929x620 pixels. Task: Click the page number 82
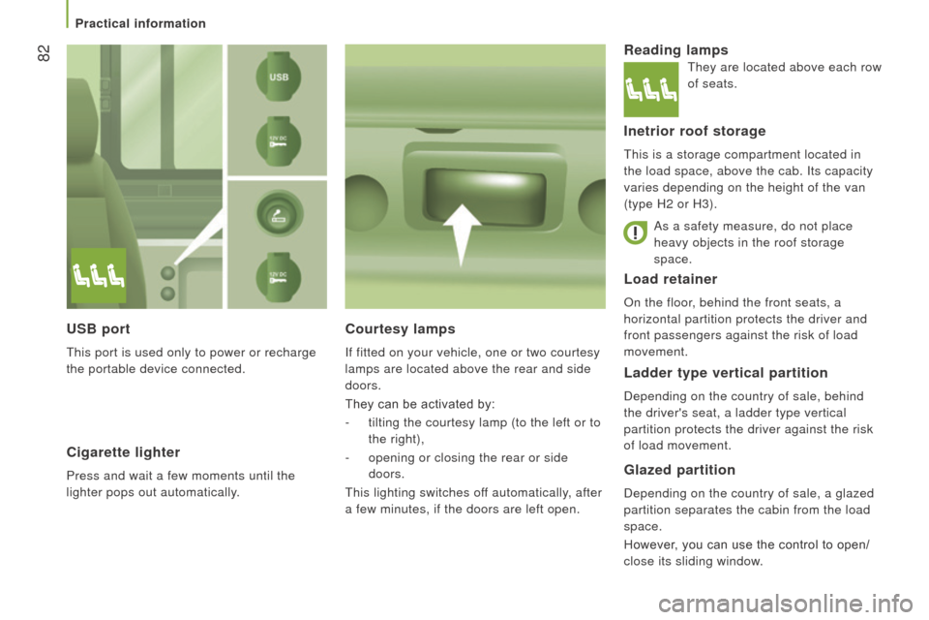(x=44, y=53)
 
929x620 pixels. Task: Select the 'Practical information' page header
(x=140, y=23)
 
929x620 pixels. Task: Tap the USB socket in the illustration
(x=279, y=77)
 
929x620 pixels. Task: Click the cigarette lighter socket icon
(x=279, y=213)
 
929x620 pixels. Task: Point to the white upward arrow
(x=463, y=235)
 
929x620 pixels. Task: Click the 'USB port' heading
(x=99, y=328)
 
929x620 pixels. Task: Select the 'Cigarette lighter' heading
(x=123, y=452)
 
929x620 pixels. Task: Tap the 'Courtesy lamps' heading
(x=401, y=328)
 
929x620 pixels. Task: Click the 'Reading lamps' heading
(x=676, y=49)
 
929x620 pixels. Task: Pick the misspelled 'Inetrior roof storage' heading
(x=695, y=131)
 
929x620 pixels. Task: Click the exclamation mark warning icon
(x=635, y=232)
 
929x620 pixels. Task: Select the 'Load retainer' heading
(x=671, y=279)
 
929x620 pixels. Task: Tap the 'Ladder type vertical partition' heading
(x=726, y=373)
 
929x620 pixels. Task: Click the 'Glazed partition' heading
(x=679, y=470)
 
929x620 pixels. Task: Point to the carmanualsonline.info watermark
(x=786, y=604)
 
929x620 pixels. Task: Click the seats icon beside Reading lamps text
(x=651, y=89)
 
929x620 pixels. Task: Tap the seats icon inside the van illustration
(x=99, y=276)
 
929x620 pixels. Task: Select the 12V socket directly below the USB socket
(x=279, y=141)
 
